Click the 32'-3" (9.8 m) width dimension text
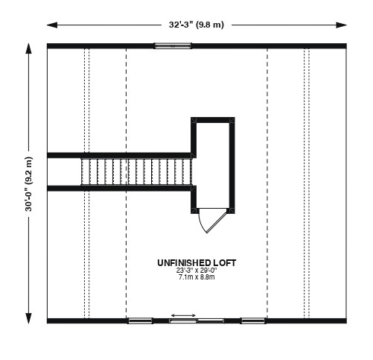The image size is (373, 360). point(197,25)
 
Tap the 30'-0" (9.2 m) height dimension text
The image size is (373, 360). point(29,184)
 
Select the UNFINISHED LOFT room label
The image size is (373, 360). point(197,263)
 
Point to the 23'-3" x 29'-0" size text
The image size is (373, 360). point(197,271)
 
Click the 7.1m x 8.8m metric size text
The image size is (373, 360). point(197,277)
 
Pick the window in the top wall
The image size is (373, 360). point(173,45)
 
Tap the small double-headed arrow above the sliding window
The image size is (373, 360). point(183,315)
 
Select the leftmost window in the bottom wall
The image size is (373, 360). point(140,320)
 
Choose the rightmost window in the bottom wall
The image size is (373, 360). point(253,320)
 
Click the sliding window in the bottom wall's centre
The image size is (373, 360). point(197,320)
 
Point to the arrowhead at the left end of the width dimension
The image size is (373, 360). point(52,25)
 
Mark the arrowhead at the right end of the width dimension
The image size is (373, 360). point(342,25)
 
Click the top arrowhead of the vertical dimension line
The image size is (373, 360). point(29,48)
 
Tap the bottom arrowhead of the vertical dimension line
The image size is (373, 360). point(29,318)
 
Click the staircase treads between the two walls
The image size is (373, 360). point(136,172)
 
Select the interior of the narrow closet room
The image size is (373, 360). point(213,165)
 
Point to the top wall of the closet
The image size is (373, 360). point(213,120)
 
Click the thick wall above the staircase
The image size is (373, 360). point(119,155)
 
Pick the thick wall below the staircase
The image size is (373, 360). point(119,189)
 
